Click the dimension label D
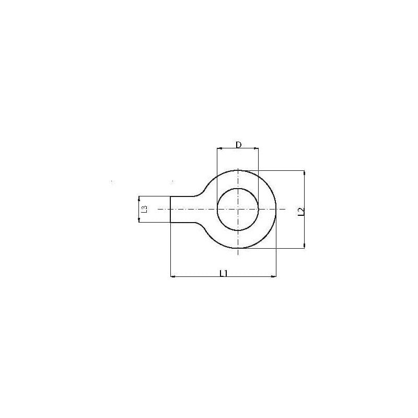(239, 145)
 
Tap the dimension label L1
(224, 273)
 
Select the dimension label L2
(301, 212)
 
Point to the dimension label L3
(144, 209)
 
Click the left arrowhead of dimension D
(219, 148)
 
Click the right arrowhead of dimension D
(256, 148)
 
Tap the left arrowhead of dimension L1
(173, 276)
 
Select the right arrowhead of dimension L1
(274, 276)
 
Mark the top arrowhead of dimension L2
(304, 173)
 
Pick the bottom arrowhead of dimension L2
(304, 246)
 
